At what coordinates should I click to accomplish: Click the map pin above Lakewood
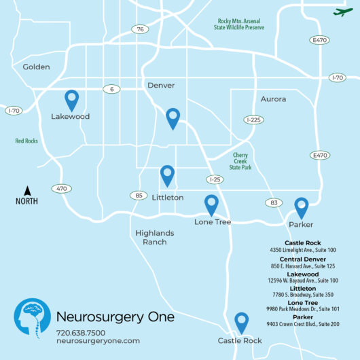[x=71, y=101]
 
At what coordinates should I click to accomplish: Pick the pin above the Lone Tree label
[x=212, y=204]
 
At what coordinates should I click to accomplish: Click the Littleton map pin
[x=167, y=175]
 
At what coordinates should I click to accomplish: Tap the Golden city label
[x=37, y=67]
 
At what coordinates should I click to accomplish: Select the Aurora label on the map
[x=274, y=99]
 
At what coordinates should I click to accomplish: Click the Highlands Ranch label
[x=155, y=237]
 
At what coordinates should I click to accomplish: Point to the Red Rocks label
[x=26, y=141]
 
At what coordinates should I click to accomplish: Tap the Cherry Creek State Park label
[x=240, y=161]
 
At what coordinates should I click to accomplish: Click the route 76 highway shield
[x=140, y=29]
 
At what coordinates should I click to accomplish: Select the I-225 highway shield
[x=253, y=120]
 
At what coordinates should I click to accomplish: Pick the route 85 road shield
[x=139, y=196]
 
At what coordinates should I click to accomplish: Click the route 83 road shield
[x=274, y=203]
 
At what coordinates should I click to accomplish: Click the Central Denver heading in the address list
[x=303, y=259]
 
